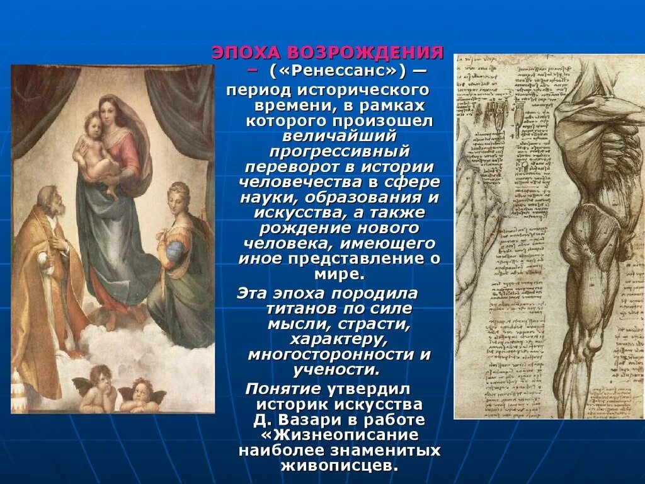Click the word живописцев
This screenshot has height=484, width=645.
click(339, 466)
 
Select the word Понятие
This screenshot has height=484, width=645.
click(283, 388)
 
